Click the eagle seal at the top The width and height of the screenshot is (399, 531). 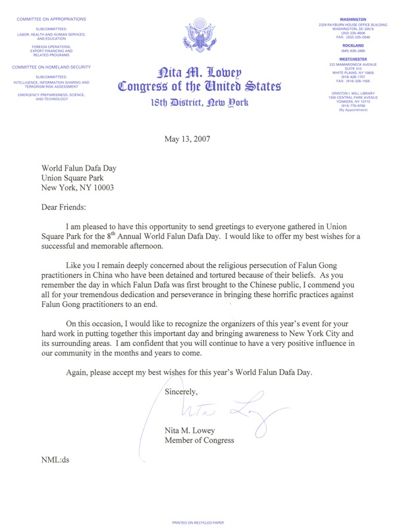point(199,36)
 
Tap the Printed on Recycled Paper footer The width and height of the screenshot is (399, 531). point(199,522)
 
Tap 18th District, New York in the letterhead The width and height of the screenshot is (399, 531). point(199,103)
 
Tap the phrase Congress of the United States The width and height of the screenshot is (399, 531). point(199,86)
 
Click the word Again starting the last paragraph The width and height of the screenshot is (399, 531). point(79,372)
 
